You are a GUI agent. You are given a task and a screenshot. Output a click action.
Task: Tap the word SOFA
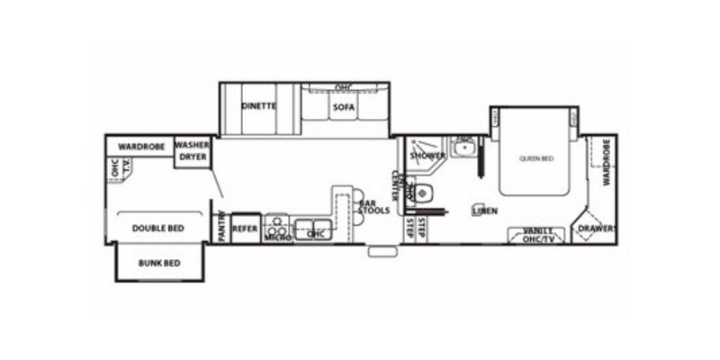tap(343, 108)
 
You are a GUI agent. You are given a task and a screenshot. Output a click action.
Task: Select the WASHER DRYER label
tap(192, 150)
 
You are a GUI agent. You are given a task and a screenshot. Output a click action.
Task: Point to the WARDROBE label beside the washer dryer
tap(139, 145)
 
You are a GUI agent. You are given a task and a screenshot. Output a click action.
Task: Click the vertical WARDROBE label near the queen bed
tap(607, 162)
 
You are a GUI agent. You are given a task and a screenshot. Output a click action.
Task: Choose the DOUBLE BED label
tap(157, 229)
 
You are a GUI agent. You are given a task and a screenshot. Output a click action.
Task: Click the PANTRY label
tap(221, 228)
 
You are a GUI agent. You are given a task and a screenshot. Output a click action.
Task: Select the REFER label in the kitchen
tap(246, 229)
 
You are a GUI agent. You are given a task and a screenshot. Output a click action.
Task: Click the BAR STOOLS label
tap(373, 206)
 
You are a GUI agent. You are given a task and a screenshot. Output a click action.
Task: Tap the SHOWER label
tap(423, 156)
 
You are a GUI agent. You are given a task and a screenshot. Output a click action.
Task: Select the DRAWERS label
tap(595, 229)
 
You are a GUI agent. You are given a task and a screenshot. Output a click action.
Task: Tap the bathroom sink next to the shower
tap(464, 148)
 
